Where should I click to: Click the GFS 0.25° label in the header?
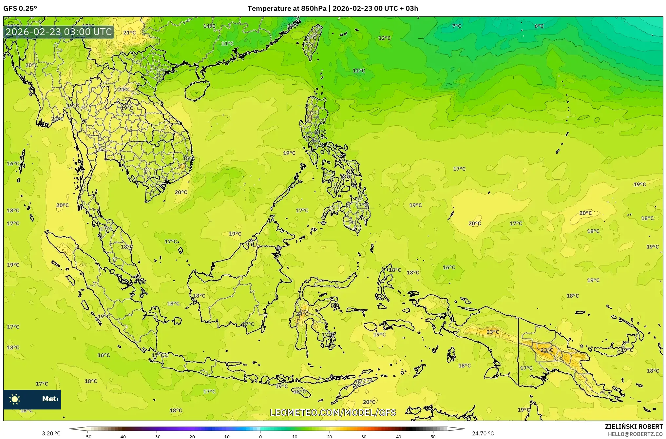[20, 9]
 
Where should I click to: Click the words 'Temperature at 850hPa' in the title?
[287, 9]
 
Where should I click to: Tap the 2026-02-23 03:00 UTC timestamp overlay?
[59, 32]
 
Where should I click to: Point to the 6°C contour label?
[539, 26]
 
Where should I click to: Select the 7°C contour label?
[456, 26]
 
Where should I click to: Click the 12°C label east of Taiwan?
[384, 38]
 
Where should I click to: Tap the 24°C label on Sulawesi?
[302, 314]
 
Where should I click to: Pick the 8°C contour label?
[292, 26]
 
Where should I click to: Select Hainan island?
[196, 90]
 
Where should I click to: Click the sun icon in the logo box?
[15, 399]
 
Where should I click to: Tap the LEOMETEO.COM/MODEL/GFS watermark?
[333, 412]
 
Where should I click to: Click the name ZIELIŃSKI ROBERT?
[634, 427]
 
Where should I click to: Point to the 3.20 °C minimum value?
[51, 433]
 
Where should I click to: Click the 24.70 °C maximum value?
[483, 433]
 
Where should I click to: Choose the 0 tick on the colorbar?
[260, 437]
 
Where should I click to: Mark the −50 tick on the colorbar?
[87, 437]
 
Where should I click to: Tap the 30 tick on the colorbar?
[364, 437]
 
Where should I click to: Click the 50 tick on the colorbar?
[433, 437]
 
